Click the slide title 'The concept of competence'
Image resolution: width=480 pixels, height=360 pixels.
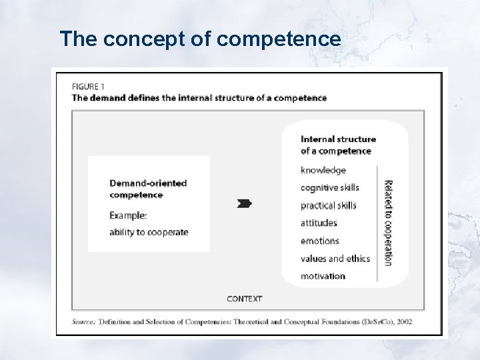pos(200,39)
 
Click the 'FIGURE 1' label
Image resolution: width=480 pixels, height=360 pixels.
pos(88,86)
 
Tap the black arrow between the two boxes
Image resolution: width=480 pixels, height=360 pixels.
pos(245,203)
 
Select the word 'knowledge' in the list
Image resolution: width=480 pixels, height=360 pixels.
pos(323,170)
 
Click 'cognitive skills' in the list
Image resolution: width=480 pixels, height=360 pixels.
pos(330,187)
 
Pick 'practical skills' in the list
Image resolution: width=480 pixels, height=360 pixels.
pos(329,205)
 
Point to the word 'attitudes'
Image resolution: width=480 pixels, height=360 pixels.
pos(319,223)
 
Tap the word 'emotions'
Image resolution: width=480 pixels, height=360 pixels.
pos(320,241)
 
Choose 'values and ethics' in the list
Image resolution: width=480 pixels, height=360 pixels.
pos(335,259)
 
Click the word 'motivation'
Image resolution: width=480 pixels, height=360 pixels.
pos(323,276)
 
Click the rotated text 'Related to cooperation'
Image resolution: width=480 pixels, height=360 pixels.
pos(388,223)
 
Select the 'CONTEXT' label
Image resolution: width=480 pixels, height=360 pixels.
pos(245,299)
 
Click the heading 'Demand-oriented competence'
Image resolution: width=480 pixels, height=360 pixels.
pos(148,189)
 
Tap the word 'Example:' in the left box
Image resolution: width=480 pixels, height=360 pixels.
pos(128,215)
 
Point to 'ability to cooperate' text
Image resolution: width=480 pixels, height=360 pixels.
pos(149,232)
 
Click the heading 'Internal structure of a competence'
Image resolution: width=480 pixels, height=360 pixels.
pos(338,145)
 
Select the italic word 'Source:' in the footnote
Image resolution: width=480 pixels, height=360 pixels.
pos(84,321)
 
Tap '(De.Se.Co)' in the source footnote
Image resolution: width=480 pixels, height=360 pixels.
pos(373,321)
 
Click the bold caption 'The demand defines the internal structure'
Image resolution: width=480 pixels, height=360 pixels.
pos(199,97)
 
